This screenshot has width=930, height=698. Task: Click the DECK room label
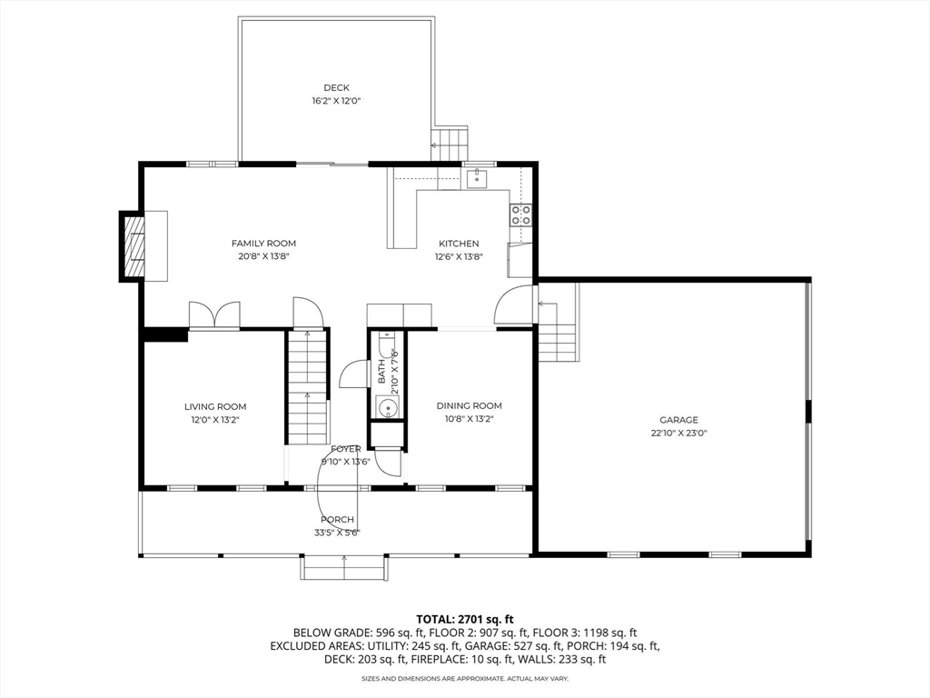pos(336,88)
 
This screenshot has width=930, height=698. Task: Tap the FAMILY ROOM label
pos(263,244)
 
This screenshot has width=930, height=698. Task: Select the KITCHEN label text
pos(459,244)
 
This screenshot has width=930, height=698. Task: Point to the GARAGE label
pos(678,420)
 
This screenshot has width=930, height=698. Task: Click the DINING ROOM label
pos(470,406)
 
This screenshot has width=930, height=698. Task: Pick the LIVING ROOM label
pos(215,406)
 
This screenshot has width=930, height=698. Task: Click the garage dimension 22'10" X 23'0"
pos(678,433)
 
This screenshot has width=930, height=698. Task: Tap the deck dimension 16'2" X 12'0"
pos(336,101)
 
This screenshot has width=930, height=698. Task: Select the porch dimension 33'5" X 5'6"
pos(337,533)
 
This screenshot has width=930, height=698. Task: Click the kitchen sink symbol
pos(477,177)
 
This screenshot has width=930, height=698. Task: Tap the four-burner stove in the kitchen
pos(520,214)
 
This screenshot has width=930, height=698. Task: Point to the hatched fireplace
pos(134,245)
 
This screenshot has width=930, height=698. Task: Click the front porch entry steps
pos(345,567)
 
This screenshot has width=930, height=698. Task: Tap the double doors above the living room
pos(214,314)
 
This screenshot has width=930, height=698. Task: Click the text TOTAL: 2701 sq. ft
pos(464,620)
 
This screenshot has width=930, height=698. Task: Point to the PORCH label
pos(337,519)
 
